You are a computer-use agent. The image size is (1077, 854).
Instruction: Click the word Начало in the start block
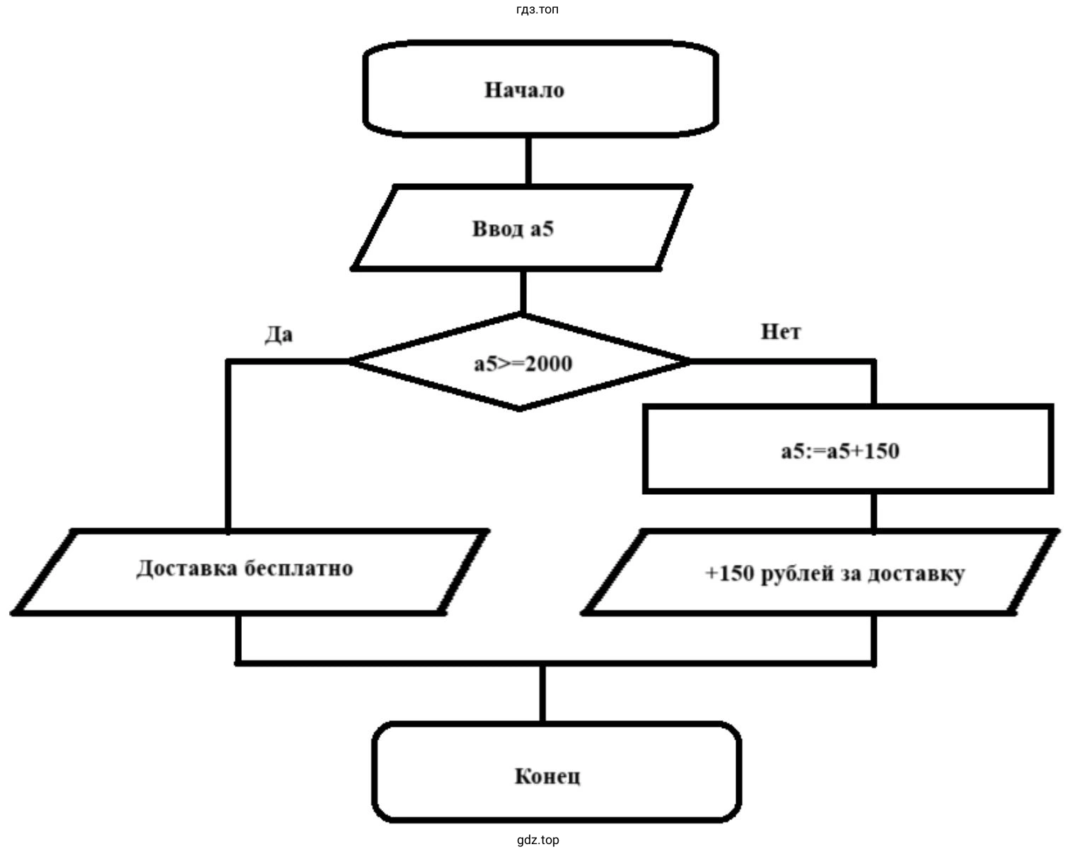tap(524, 90)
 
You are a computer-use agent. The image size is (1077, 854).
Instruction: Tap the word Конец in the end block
tap(547, 776)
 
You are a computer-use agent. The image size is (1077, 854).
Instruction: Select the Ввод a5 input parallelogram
tap(521, 228)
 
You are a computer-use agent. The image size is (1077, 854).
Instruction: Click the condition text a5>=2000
tap(523, 364)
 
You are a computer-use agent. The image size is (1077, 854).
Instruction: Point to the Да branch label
tap(279, 334)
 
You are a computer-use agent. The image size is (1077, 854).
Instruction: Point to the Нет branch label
tap(781, 332)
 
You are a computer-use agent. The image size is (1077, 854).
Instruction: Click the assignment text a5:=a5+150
tap(840, 451)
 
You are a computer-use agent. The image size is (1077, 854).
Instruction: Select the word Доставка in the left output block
tap(186, 568)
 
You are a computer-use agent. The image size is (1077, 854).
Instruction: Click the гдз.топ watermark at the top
tap(537, 9)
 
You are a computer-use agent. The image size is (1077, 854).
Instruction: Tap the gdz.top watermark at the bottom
tap(538, 841)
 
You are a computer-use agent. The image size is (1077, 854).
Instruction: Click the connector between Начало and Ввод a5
tap(528, 161)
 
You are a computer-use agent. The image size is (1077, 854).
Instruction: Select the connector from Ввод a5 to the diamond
tap(523, 291)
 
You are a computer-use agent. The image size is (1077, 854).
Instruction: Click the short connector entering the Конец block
tap(542, 694)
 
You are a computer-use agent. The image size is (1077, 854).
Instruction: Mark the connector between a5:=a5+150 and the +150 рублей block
tap(875, 511)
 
